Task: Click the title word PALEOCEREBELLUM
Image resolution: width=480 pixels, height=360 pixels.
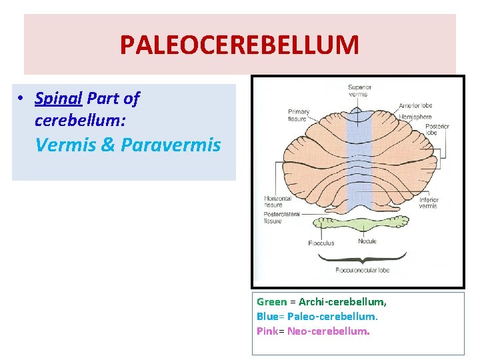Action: [239, 45]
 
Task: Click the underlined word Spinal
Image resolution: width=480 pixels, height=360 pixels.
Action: [58, 99]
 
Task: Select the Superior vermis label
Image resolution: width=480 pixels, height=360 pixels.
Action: [359, 91]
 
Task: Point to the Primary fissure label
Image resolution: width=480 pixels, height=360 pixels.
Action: [298, 115]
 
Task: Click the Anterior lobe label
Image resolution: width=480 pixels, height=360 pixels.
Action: [415, 105]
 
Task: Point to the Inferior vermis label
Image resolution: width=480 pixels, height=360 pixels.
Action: [428, 203]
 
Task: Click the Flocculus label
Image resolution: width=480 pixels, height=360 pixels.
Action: [321, 243]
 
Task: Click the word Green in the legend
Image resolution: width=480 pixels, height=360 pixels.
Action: [271, 302]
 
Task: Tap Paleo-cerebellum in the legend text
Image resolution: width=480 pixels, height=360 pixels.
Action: [331, 316]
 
